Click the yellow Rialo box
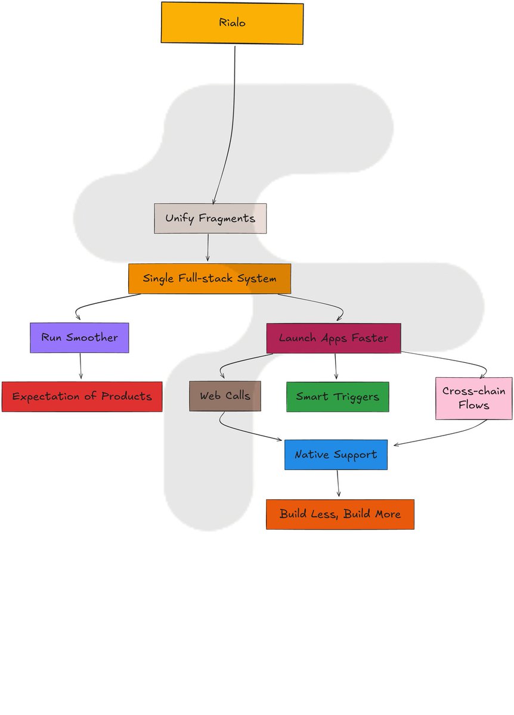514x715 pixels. coord(232,23)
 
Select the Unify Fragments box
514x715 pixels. coord(210,219)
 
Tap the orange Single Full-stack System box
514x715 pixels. coord(209,279)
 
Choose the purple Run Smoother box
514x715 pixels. coord(79,338)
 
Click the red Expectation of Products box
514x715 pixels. coord(82,397)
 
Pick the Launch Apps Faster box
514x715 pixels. coord(333,338)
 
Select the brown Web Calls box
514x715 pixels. coord(225,396)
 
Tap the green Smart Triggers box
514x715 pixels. coord(337,397)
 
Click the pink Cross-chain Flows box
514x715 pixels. coord(473,398)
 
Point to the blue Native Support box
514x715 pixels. coord(336,455)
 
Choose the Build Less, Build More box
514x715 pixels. coord(340,514)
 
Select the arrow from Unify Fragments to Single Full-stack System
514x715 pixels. coord(208,247)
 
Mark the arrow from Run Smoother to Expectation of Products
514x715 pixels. coord(80,366)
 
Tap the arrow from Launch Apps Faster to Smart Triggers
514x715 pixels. coord(336,366)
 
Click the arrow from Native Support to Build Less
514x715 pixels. coord(338,483)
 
